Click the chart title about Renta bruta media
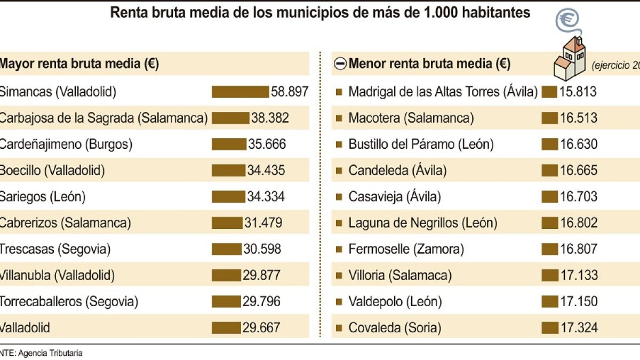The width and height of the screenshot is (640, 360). pyautogui.click(x=320, y=13)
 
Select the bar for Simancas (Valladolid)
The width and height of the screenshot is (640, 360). pyautogui.click(x=240, y=92)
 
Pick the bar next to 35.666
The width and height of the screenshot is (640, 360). pyautogui.click(x=229, y=144)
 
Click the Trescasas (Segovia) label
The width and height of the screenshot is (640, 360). pyautogui.click(x=54, y=249)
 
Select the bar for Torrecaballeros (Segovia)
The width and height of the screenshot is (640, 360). pyautogui.click(x=226, y=301)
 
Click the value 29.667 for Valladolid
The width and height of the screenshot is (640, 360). pyautogui.click(x=261, y=327)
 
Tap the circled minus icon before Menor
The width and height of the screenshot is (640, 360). pyautogui.click(x=340, y=65)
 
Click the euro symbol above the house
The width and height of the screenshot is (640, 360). pyautogui.click(x=567, y=19)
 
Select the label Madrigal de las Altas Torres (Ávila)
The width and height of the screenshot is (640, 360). pyautogui.click(x=443, y=92)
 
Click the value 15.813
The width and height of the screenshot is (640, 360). pyautogui.click(x=578, y=92)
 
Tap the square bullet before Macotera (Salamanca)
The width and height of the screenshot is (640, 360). pyautogui.click(x=339, y=118)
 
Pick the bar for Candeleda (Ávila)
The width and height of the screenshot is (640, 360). pyautogui.click(x=549, y=171)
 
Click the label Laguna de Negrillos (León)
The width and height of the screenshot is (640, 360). pyautogui.click(x=422, y=223)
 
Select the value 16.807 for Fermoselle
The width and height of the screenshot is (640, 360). pyautogui.click(x=578, y=249)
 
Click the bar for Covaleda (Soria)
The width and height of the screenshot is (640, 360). pyautogui.click(x=549, y=327)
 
